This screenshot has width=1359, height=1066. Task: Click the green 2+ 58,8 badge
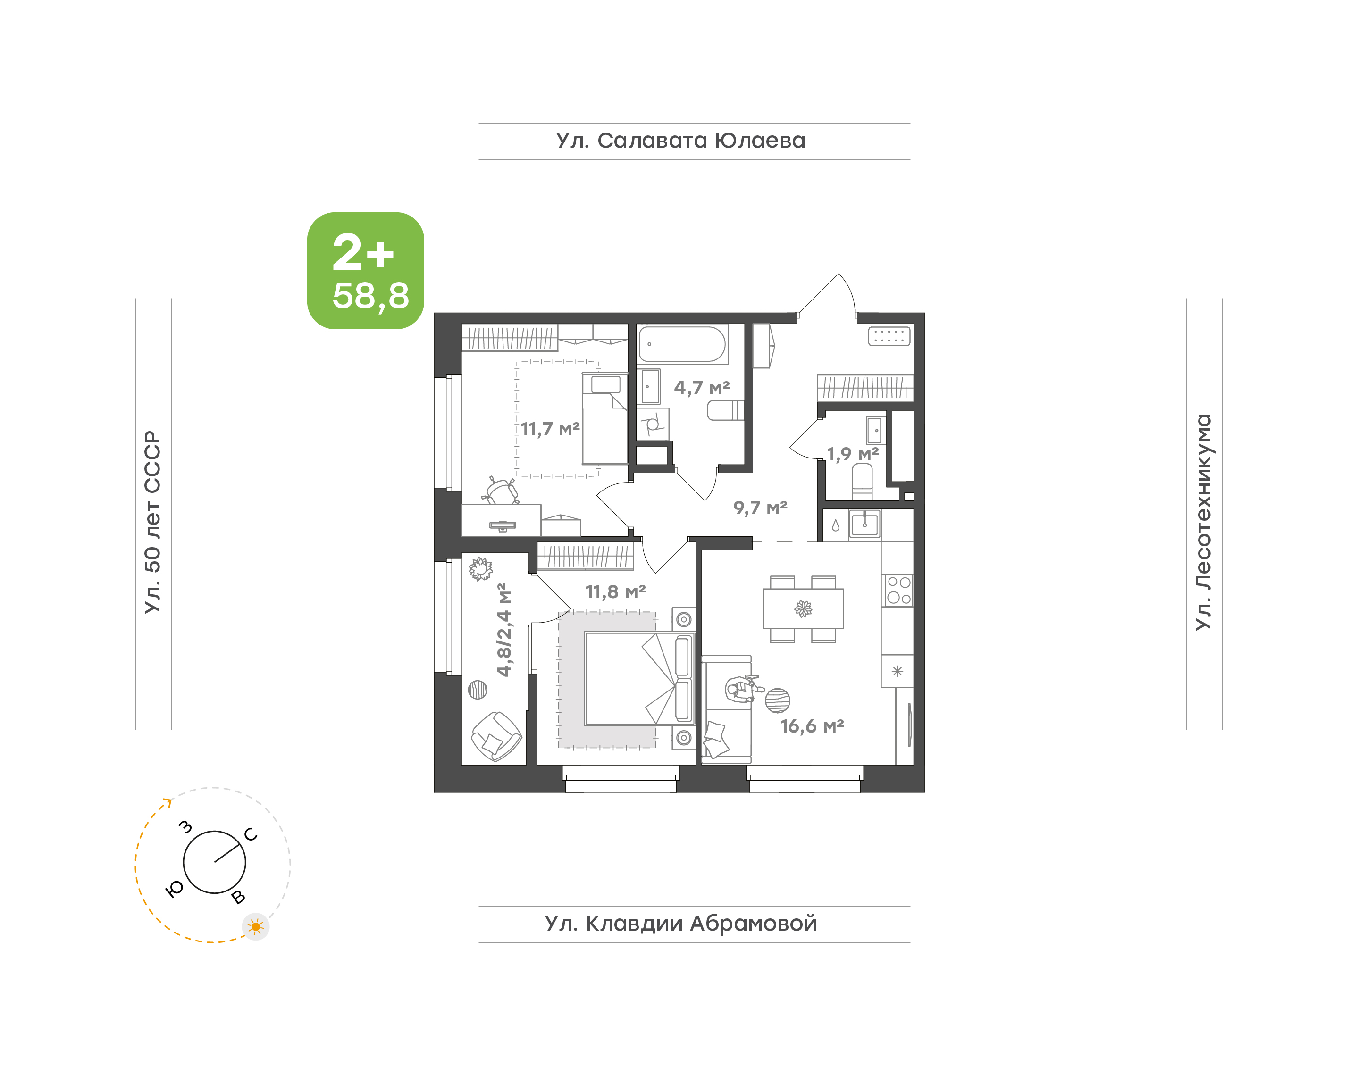point(365,270)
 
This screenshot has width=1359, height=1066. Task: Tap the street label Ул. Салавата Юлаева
point(680,141)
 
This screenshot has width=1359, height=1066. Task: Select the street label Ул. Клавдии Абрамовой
point(680,923)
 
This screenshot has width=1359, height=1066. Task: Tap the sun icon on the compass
point(256,927)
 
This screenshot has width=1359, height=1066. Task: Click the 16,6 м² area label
point(812,726)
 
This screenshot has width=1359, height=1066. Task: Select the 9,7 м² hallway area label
point(760,508)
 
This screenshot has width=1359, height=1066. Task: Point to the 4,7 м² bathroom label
point(702,388)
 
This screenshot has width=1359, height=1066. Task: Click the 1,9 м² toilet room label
point(853,454)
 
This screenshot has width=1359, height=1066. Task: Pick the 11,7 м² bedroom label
point(550,429)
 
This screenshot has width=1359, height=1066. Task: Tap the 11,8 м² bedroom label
point(615,591)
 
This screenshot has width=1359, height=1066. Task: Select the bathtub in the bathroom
point(682,344)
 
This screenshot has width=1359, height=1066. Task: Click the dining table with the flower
point(804,608)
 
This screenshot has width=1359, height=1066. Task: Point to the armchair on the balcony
point(496,736)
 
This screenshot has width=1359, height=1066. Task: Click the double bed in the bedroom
point(640,679)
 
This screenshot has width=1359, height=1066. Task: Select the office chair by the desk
point(501,491)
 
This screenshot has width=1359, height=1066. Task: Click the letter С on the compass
point(251,834)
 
